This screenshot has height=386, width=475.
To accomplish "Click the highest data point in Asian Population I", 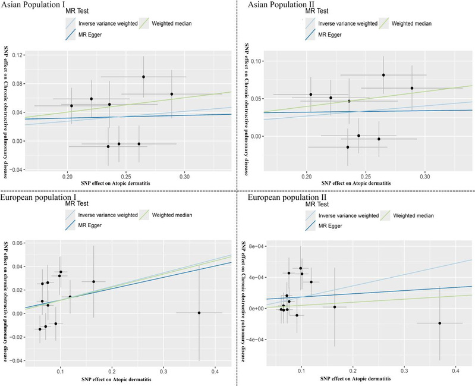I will coord(143,77).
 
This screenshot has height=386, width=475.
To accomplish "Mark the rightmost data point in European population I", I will coord(199,313).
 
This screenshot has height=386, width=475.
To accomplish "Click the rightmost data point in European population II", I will coord(440,323).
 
